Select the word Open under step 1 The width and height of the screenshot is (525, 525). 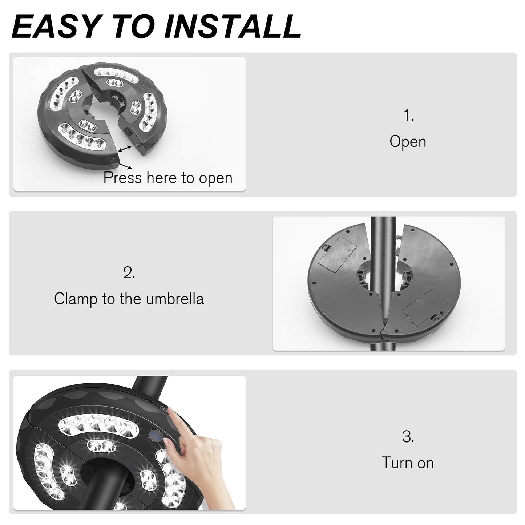pos(408,142)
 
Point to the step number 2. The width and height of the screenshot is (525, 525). pos(129,273)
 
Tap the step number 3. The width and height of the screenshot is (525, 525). pos(408,437)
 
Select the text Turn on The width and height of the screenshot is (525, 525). pos(408,463)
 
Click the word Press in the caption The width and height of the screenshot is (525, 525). pos(122,178)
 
